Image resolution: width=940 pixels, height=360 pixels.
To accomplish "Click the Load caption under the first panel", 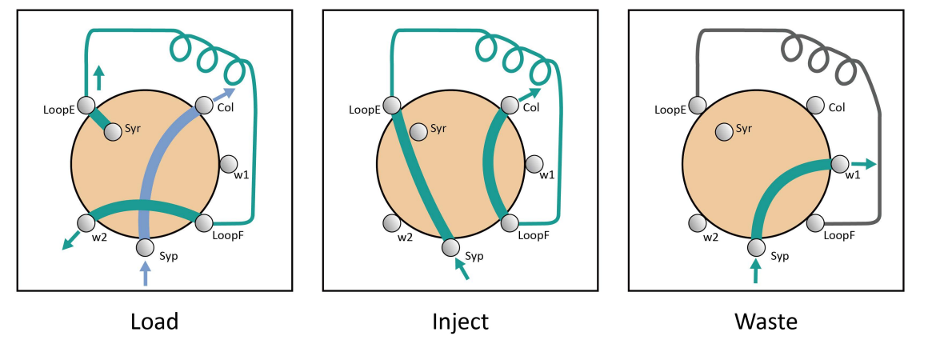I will point(154,322).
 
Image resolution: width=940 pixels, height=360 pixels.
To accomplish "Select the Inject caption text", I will point(460,322).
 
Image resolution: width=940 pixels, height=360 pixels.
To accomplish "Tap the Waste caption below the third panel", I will point(766,322).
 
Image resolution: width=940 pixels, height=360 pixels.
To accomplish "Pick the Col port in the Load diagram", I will point(202,106).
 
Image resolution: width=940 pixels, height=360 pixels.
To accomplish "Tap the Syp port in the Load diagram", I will point(145,247).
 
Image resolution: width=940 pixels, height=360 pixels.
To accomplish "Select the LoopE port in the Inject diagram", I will point(392,106).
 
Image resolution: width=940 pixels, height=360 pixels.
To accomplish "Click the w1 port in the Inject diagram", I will point(534,164).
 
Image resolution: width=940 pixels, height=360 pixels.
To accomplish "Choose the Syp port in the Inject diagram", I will point(450,247).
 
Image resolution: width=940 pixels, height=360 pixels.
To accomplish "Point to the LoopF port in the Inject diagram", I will point(510,222).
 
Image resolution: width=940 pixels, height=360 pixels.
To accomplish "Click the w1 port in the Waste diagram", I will point(839,164).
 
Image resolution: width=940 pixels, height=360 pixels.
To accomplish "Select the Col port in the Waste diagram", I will point(815,106).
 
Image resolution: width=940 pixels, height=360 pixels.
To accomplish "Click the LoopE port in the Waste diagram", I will point(698,106).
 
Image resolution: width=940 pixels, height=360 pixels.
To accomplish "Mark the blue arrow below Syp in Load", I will point(145,274).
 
